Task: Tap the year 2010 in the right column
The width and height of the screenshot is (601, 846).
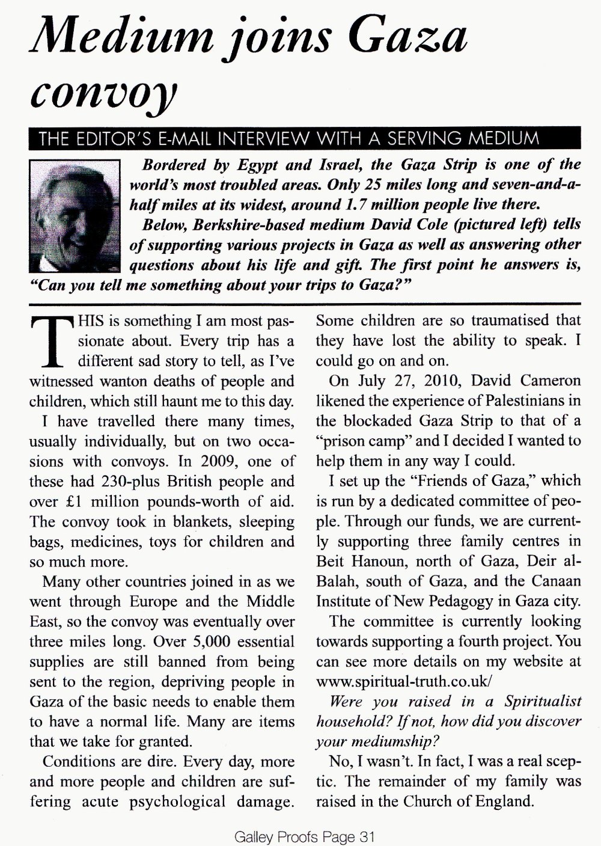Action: click(x=444, y=381)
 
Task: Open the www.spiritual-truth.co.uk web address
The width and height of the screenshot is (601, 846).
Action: click(x=404, y=682)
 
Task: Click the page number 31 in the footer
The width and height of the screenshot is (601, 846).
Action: click(x=366, y=836)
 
